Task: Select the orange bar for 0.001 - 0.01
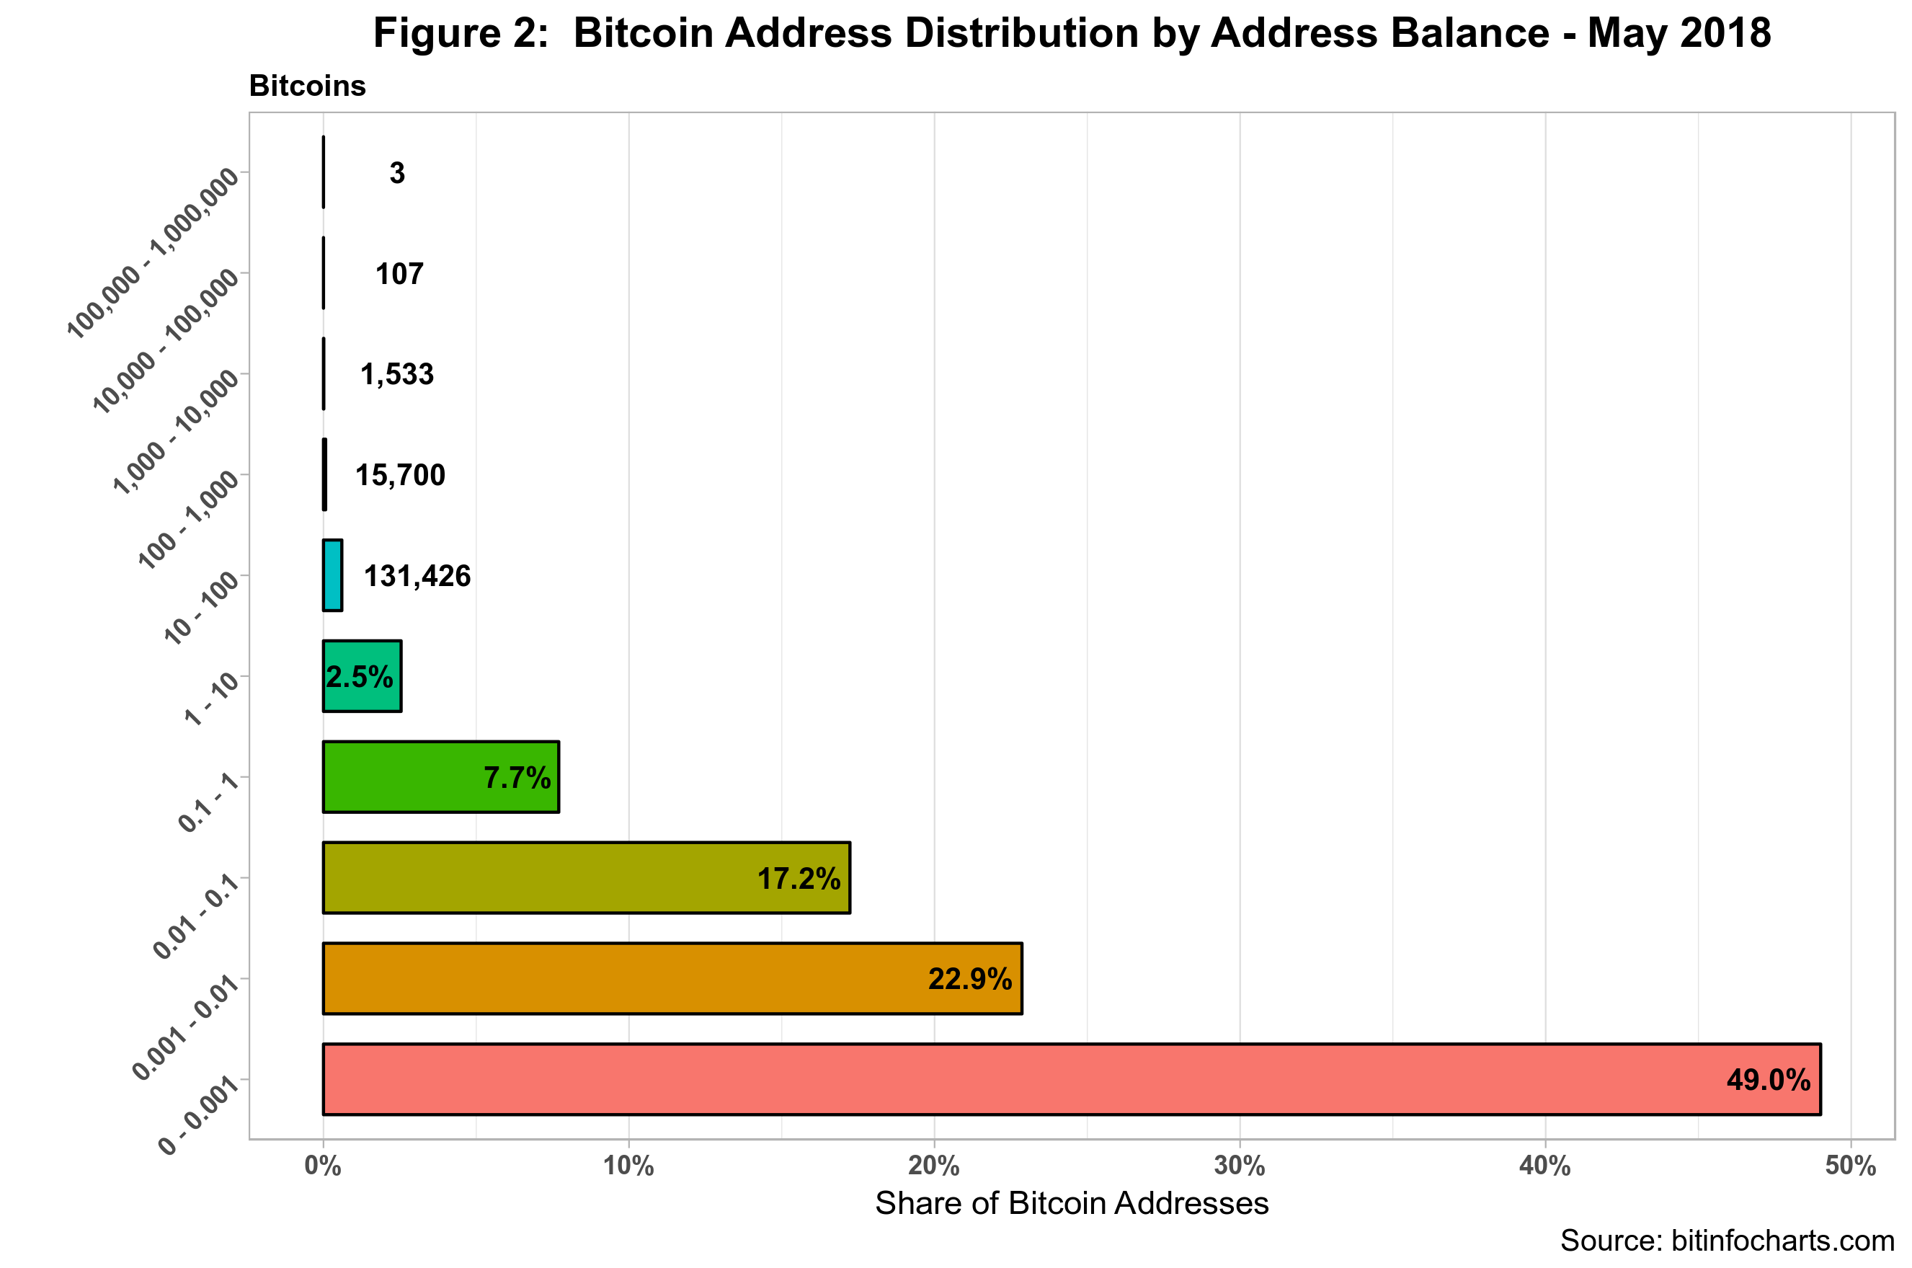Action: (672, 977)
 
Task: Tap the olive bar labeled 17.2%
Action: (586, 877)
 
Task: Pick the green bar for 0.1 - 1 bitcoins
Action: (440, 776)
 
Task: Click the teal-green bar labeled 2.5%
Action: (361, 676)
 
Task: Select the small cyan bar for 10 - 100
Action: (332, 575)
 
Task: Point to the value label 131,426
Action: (417, 576)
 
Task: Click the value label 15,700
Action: (400, 475)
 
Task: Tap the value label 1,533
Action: (397, 373)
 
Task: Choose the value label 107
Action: (399, 273)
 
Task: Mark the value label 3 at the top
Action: (397, 172)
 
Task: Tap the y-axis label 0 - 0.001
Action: (200, 1116)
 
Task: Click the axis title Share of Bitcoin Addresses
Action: (1071, 1203)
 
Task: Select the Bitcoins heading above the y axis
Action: (307, 86)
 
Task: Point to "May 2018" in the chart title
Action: (1678, 34)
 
